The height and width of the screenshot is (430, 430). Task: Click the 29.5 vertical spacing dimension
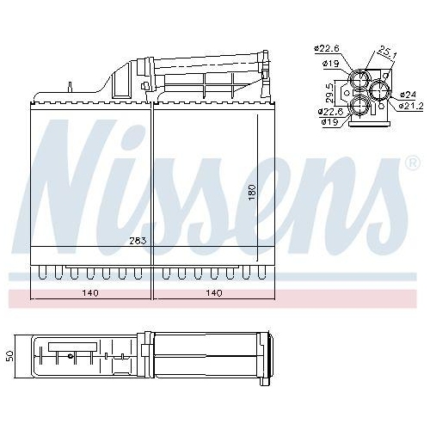tap(329, 92)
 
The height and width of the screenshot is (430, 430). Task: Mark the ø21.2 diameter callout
tap(409, 105)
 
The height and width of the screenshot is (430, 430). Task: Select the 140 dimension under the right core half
tap(213, 293)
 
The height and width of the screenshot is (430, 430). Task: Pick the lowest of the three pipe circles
tap(360, 104)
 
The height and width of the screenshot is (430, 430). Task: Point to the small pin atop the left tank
tap(67, 86)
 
